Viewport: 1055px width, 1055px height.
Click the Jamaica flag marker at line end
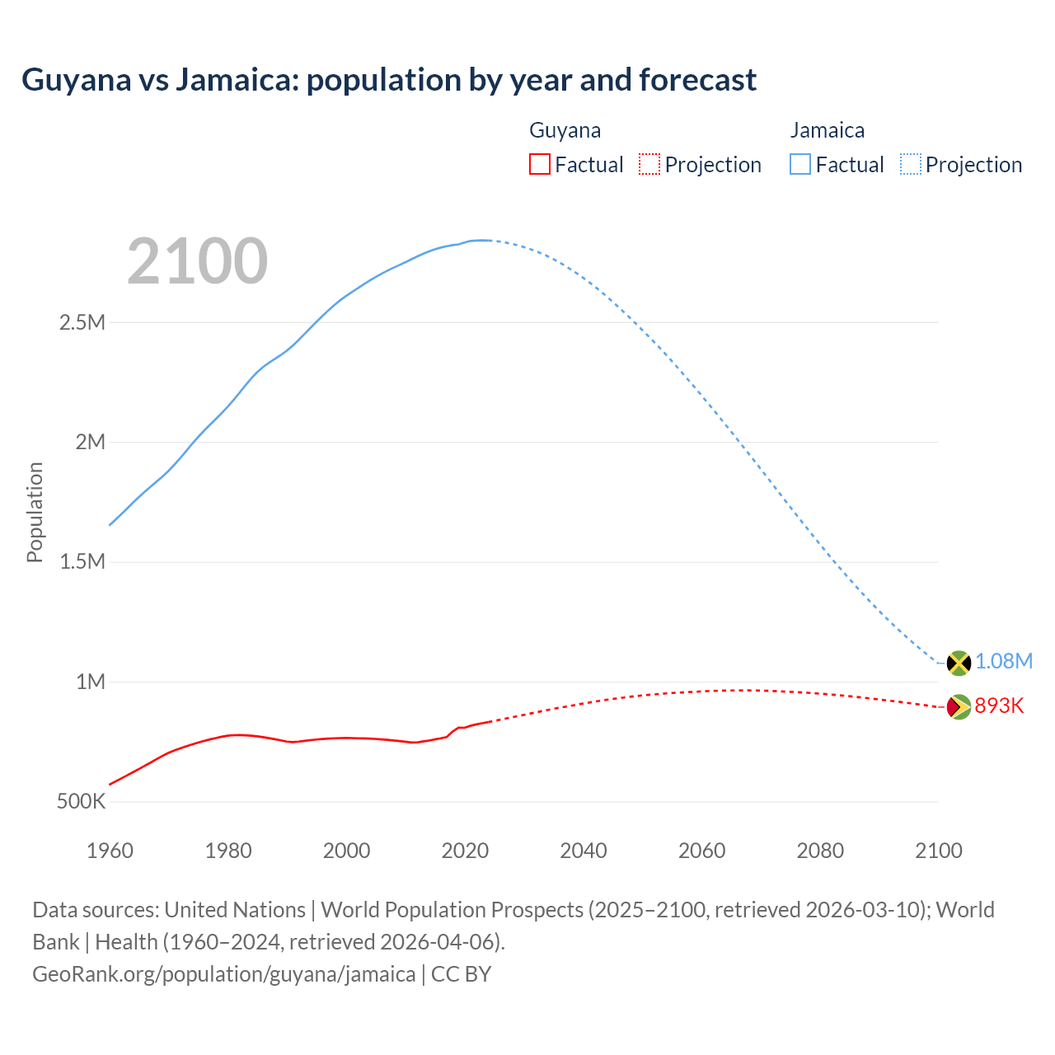[959, 663]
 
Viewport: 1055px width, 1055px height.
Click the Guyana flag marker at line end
[959, 706]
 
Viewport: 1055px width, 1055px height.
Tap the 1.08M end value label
[1004, 662]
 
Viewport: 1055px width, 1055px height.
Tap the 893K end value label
[999, 706]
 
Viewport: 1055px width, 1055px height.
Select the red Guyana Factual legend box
[539, 164]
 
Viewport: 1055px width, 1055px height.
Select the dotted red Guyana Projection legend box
[649, 164]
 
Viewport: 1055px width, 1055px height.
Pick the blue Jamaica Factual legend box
[800, 164]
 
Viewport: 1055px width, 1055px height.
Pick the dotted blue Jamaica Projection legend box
[911, 164]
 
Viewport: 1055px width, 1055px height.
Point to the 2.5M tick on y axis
[82, 322]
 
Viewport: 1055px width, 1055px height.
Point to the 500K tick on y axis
[81, 802]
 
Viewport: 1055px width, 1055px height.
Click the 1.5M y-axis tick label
[82, 562]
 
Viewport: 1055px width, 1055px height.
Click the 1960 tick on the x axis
[110, 851]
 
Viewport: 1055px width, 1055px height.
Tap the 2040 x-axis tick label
[584, 851]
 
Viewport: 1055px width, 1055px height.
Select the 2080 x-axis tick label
[820, 851]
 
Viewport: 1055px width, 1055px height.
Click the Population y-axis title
[35, 512]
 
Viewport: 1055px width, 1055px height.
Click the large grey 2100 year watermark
[198, 261]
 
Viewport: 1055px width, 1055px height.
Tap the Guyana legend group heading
[565, 130]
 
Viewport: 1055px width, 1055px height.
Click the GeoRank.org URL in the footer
[223, 974]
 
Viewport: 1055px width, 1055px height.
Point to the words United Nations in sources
[235, 910]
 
